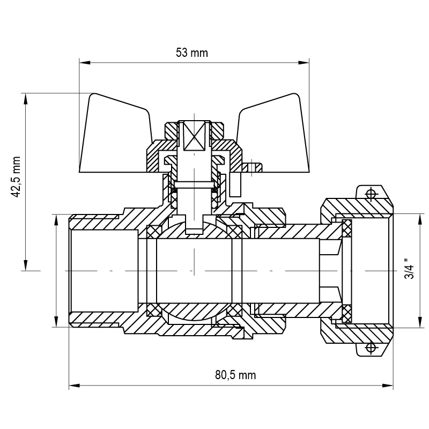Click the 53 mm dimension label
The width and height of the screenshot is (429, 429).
click(192, 53)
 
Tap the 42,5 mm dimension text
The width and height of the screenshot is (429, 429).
click(16, 177)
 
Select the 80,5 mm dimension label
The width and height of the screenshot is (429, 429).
click(235, 375)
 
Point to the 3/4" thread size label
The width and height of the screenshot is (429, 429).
click(410, 269)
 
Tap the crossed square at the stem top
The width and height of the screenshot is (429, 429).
click(194, 136)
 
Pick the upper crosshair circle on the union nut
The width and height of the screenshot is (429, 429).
click(371, 194)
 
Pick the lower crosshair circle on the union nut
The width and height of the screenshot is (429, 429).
click(371, 348)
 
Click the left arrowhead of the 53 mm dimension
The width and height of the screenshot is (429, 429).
click(85, 63)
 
